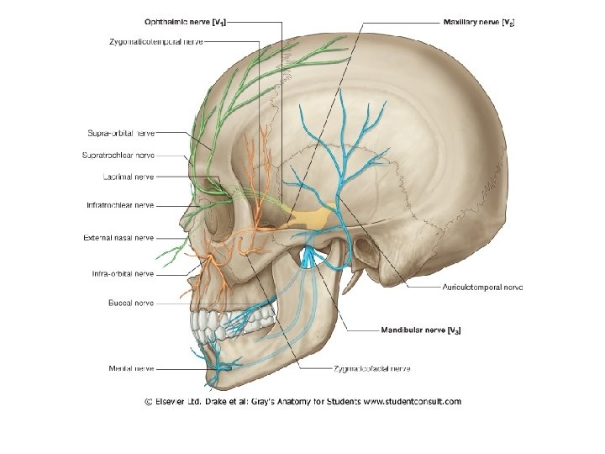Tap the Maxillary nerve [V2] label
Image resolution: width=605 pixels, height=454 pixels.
479,23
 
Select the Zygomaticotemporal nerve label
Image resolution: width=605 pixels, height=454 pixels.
155,41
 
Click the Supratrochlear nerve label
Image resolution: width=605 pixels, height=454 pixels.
118,155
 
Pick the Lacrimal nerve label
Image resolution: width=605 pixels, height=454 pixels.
128,177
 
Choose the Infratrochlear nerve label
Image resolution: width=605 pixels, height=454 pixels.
119,204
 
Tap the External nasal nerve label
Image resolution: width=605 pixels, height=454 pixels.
118,238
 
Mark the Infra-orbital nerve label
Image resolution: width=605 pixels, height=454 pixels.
123,273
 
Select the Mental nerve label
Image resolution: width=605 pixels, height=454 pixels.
130,367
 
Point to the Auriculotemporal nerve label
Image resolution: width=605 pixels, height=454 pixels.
482,288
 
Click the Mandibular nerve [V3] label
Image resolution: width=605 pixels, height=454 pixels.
420,330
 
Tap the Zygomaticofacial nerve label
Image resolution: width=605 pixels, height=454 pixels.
371,368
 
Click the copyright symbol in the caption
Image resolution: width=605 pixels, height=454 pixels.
148,402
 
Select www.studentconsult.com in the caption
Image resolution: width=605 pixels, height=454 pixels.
413,402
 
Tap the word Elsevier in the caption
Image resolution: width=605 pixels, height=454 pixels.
173,402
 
